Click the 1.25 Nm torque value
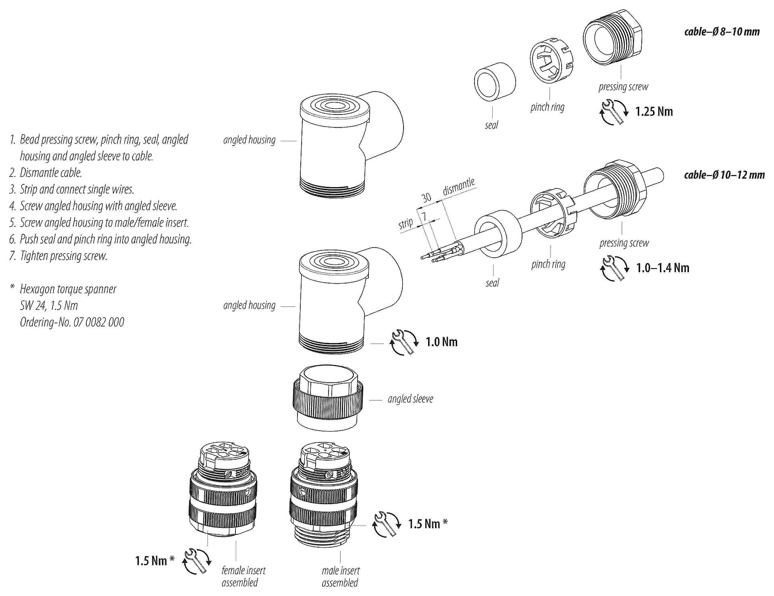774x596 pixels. coord(654,112)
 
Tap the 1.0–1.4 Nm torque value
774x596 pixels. coord(662,268)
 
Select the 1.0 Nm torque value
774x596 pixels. coord(441,342)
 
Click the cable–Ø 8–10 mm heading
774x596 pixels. coord(722,31)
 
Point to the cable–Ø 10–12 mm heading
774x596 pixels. coord(724,175)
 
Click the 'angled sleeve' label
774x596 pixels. coord(410,399)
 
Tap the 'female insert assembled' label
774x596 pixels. coord(243,576)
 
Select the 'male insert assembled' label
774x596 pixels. coord(340,576)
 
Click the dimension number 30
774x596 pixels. coord(426,198)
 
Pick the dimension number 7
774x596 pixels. coord(424,217)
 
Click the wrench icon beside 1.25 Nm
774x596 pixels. coord(614,112)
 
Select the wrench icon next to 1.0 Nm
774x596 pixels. coord(404,342)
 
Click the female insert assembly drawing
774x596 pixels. coord(222,492)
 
